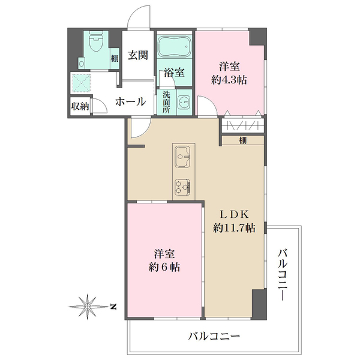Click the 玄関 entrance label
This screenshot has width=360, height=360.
138,57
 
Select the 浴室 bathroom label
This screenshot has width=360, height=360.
174,73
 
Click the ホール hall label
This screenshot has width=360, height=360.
130,101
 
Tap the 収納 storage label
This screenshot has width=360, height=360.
80,106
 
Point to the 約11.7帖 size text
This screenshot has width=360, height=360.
235,228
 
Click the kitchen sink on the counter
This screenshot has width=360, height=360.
183,159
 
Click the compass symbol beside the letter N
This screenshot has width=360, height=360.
89,306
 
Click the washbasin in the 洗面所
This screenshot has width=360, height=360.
183,102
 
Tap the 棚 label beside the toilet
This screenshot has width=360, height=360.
114,58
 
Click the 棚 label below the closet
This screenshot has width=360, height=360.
242,141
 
